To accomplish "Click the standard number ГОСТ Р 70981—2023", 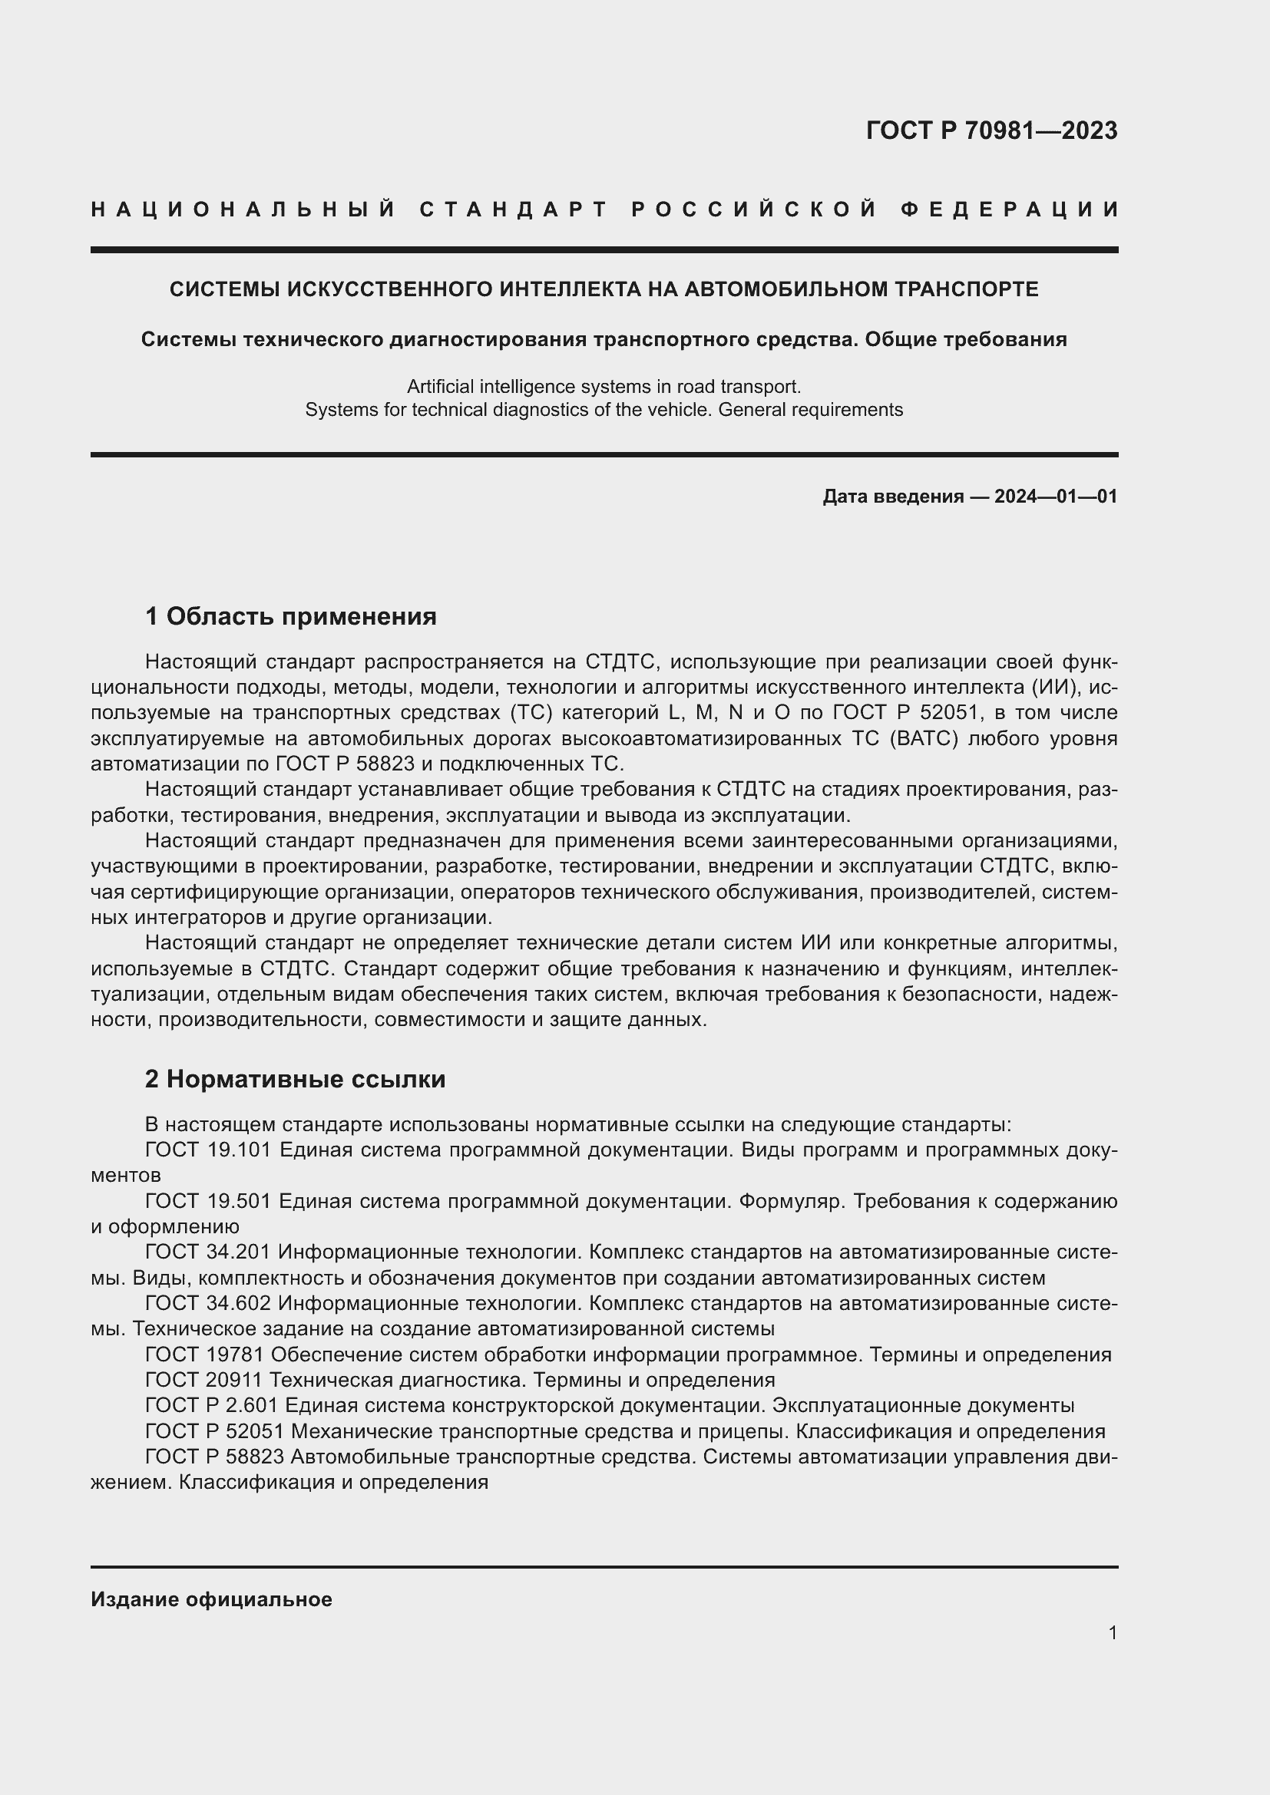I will coord(991,130).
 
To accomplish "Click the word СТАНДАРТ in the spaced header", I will coord(514,210).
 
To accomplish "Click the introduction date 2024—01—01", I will coord(1056,497).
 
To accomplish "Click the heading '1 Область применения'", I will coord(290,617).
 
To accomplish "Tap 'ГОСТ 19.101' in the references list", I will coord(207,1150).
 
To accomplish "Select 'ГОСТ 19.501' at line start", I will coord(207,1201).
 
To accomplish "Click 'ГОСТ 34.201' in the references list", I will coord(207,1252).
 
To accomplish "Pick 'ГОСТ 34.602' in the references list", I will coord(207,1303).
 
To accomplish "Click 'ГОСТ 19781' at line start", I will coord(203,1354).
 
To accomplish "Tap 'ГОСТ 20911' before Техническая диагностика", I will coord(203,1380).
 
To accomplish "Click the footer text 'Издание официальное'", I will coord(211,1599).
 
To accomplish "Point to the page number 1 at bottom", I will coord(1112,1632).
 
